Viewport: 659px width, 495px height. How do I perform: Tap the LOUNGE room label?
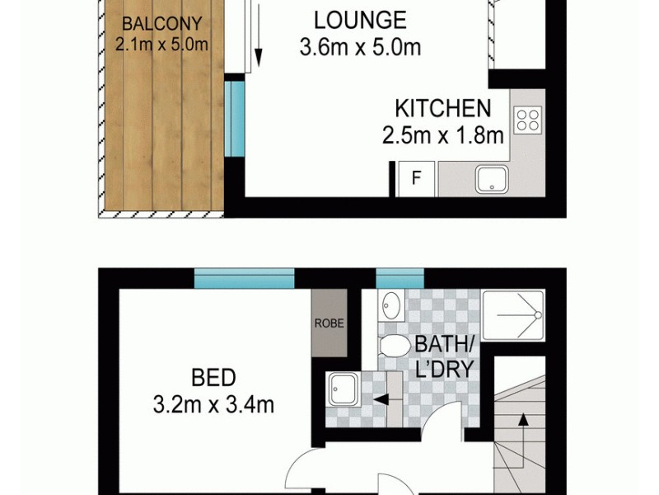coord(360,20)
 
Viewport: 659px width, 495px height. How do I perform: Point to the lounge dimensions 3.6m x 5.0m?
coord(360,47)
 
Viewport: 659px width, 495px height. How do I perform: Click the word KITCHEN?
coord(442,108)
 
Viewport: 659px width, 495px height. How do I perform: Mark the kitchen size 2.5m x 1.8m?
coord(442,135)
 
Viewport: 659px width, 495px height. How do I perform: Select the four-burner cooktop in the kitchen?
coord(527,120)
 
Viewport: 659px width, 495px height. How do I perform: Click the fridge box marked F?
coord(417,177)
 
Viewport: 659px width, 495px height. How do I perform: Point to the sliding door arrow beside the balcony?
coord(258,37)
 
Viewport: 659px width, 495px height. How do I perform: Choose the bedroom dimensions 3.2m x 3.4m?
coord(213,392)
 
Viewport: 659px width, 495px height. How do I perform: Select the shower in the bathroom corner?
coord(512,315)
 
